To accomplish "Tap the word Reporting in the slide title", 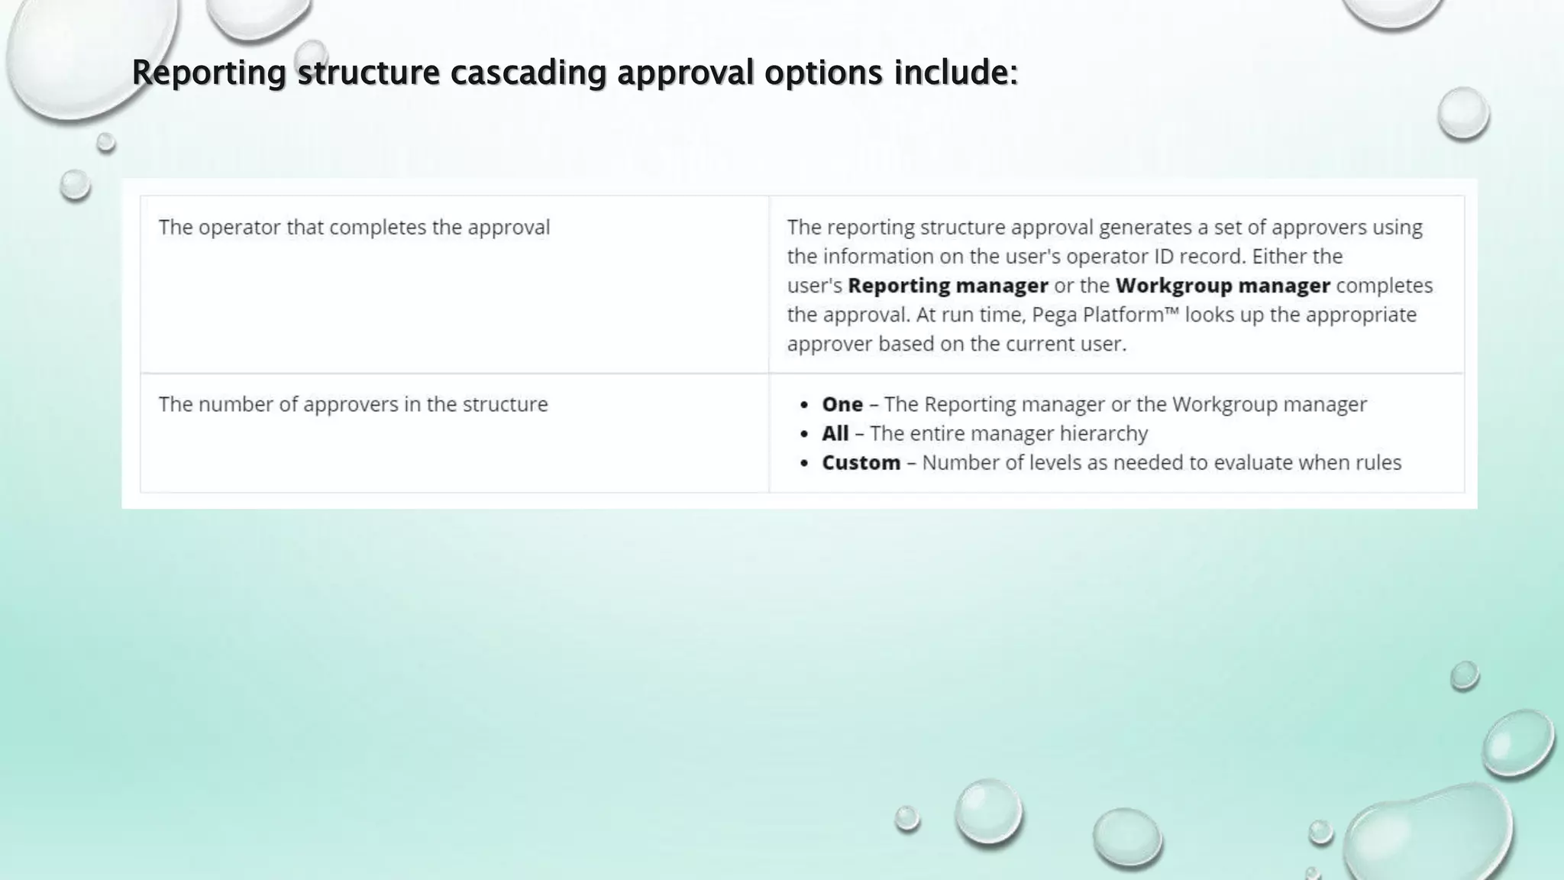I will pyautogui.click(x=208, y=73).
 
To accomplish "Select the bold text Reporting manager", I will pyautogui.click(x=948, y=286).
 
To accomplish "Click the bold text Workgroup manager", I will pyautogui.click(x=1223, y=286).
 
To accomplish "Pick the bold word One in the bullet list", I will pyautogui.click(x=842, y=404).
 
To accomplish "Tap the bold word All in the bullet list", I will pyautogui.click(x=835, y=433).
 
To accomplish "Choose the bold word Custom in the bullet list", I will pyautogui.click(x=861, y=463).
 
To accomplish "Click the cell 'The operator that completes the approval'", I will pyautogui.click(x=354, y=228).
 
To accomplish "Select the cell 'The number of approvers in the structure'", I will pyautogui.click(x=353, y=404).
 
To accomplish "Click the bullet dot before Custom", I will pyautogui.click(x=803, y=464).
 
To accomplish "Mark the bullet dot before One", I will pyautogui.click(x=803, y=405).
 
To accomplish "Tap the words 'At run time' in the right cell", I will pyautogui.click(x=965, y=315).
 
